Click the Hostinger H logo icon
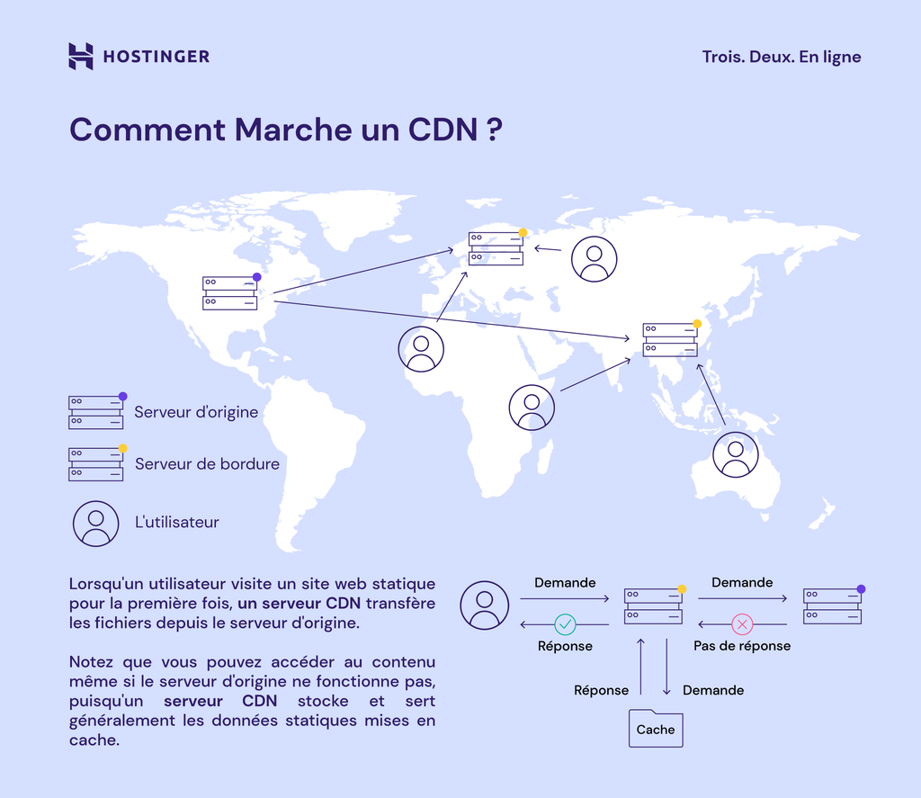pos(81,56)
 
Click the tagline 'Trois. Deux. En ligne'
pos(782,57)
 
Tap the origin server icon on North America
pos(230,293)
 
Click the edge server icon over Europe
pos(496,248)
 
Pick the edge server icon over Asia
pos(670,339)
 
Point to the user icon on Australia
pos(736,454)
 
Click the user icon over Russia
pos(595,259)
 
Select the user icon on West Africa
pos(421,349)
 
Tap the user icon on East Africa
pos(532,408)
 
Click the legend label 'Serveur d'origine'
pos(196,412)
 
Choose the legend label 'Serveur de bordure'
pos(207,464)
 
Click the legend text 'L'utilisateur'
pos(176,522)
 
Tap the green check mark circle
pos(565,623)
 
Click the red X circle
pos(742,623)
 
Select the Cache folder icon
pos(656,729)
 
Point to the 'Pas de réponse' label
pos(742,646)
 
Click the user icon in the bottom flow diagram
pos(485,605)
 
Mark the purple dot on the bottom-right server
pos(861,589)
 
